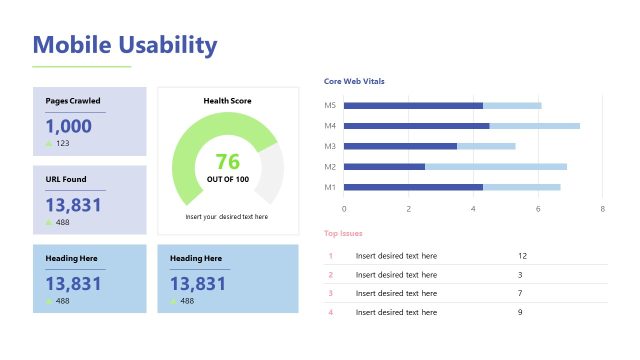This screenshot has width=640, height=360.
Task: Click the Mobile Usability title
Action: [x=125, y=45]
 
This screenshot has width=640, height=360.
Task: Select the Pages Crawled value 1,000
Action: [x=68, y=126]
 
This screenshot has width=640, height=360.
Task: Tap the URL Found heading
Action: [x=66, y=179]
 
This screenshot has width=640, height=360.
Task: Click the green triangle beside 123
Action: [x=49, y=144]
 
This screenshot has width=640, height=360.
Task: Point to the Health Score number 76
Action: [x=228, y=161]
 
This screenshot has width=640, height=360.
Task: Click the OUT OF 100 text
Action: [x=228, y=179]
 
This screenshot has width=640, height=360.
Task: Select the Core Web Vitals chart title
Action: [x=354, y=81]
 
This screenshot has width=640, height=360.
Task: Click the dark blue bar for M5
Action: [x=413, y=105]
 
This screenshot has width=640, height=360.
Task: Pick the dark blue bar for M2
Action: [x=384, y=166]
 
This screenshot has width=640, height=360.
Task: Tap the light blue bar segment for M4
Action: [x=534, y=126]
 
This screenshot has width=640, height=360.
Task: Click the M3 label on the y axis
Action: [x=330, y=146]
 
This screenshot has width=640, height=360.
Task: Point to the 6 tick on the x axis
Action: [x=538, y=209]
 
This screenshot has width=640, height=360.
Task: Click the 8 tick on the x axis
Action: [x=603, y=209]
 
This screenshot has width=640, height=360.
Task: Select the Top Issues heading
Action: [x=343, y=233]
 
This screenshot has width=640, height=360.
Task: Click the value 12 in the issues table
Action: [x=522, y=256]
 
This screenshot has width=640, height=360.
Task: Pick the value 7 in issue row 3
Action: [x=520, y=293]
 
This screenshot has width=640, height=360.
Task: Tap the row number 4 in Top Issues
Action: [x=330, y=312]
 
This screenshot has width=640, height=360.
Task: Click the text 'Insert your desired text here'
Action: [x=227, y=216]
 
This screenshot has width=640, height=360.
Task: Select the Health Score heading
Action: [x=228, y=101]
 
